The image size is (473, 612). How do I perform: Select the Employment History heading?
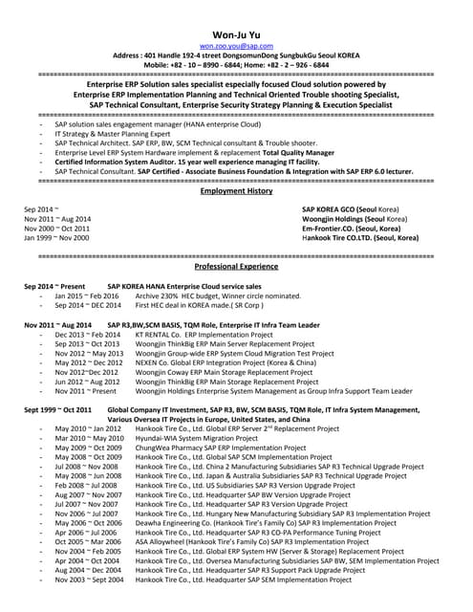(235, 191)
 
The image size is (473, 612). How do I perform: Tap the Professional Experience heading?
(235, 267)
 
